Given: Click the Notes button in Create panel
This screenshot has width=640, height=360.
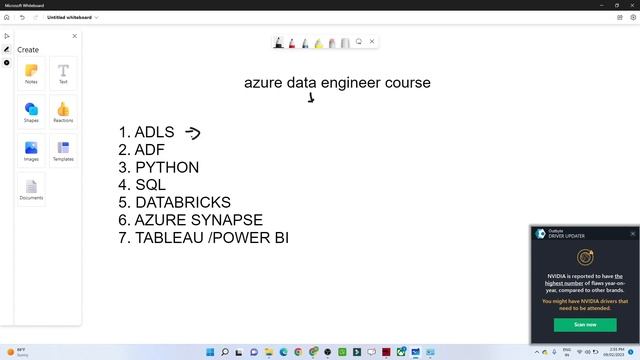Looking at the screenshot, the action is pyautogui.click(x=31, y=74).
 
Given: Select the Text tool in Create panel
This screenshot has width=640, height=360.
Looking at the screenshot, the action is pyautogui.click(x=63, y=74).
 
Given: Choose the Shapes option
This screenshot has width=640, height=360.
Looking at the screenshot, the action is pyautogui.click(x=31, y=112).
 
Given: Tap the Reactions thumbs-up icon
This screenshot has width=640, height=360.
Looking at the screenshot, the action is pyautogui.click(x=63, y=112).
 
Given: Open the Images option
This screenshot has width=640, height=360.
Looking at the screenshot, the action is pyautogui.click(x=31, y=151).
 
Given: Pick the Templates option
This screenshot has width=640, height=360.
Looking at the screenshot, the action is pyautogui.click(x=63, y=151).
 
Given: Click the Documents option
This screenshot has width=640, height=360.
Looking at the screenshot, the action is pyautogui.click(x=31, y=189).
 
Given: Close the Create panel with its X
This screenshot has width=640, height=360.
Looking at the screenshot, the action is pyautogui.click(x=74, y=36).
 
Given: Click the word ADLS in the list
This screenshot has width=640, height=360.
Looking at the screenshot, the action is pyautogui.click(x=154, y=132).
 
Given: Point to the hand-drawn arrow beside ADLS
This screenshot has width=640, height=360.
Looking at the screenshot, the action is pyautogui.click(x=192, y=132).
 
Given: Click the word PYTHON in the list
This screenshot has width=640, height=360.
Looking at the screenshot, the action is pyautogui.click(x=167, y=167).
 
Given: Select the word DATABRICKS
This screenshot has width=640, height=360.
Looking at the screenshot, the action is pyautogui.click(x=183, y=202).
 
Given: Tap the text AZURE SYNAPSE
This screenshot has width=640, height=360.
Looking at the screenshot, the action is pyautogui.click(x=199, y=220).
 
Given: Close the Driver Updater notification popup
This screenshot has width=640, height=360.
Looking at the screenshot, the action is pyautogui.click(x=633, y=233).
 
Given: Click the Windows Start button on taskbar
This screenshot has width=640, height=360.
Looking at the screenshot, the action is pyautogui.click(x=211, y=352).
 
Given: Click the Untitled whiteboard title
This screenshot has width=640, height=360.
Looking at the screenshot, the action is pyautogui.click(x=70, y=17).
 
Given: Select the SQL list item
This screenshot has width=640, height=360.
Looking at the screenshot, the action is pyautogui.click(x=150, y=185).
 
